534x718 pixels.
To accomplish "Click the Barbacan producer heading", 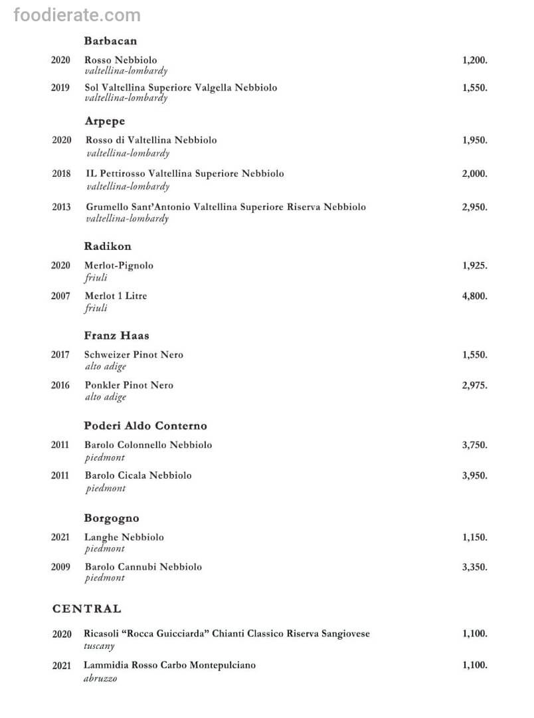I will click(110, 41).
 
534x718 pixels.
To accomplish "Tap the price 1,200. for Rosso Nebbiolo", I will click(474, 60).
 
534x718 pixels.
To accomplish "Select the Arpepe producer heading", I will click(105, 121).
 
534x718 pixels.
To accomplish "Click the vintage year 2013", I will click(61, 207).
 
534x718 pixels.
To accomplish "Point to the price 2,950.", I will click(474, 207).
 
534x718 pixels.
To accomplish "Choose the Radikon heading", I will click(108, 246).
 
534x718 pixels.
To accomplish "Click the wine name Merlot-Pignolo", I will click(119, 265).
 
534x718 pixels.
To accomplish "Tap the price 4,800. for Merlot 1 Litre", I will click(474, 296).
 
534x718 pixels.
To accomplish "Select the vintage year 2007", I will click(60, 296).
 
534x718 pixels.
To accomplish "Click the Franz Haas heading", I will click(117, 336).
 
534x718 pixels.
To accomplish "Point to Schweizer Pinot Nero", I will click(133, 355).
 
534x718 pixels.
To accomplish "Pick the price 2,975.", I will click(474, 385).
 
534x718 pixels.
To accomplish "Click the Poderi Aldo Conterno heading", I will click(145, 425).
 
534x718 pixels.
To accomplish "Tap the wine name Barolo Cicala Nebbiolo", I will click(138, 475).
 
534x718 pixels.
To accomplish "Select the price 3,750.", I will click(474, 445).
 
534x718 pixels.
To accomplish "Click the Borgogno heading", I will click(112, 518).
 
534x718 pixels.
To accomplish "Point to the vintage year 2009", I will click(60, 567).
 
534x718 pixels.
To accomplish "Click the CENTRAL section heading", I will click(87, 608).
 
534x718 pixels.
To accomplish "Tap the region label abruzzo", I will click(100, 679).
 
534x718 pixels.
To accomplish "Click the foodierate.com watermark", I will click(77, 15).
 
